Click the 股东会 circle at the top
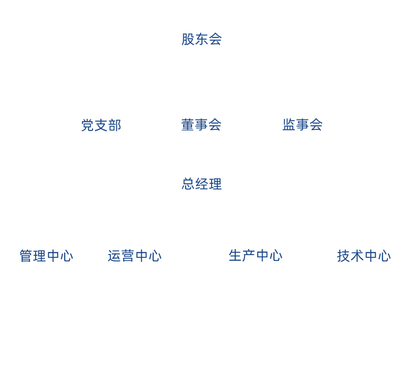pyautogui.click(x=201, y=39)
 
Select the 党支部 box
pyautogui.click(x=101, y=125)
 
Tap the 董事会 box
pyautogui.click(x=201, y=125)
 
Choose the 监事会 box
pyautogui.click(x=302, y=125)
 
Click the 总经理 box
pyautogui.click(x=201, y=184)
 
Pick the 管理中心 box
pyautogui.click(x=46, y=255)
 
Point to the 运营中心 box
pyautogui.click(x=134, y=255)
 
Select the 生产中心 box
pyautogui.click(x=256, y=255)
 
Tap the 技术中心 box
pyautogui.click(x=363, y=255)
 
